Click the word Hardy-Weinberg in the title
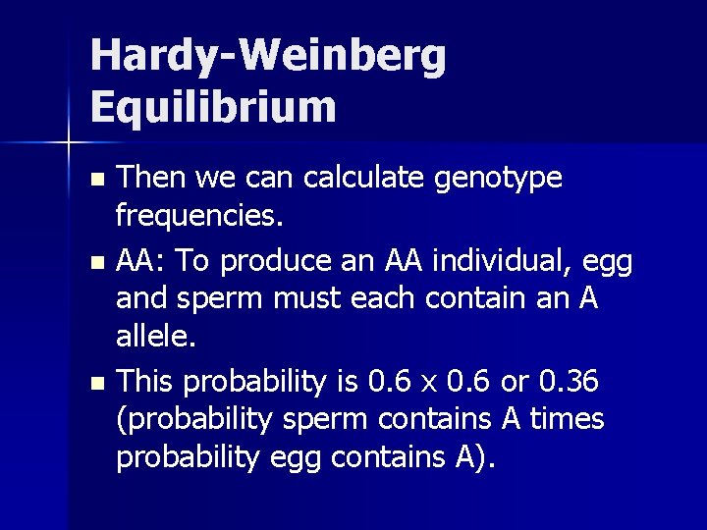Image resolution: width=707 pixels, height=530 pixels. [x=268, y=57]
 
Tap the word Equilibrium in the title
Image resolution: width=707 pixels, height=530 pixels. [x=213, y=106]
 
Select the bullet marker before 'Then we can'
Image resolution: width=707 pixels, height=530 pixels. [x=95, y=182]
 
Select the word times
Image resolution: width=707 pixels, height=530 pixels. [x=567, y=418]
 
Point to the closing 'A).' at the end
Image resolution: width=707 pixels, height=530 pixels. [x=475, y=457]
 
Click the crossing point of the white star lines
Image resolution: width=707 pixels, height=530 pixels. [x=69, y=143]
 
